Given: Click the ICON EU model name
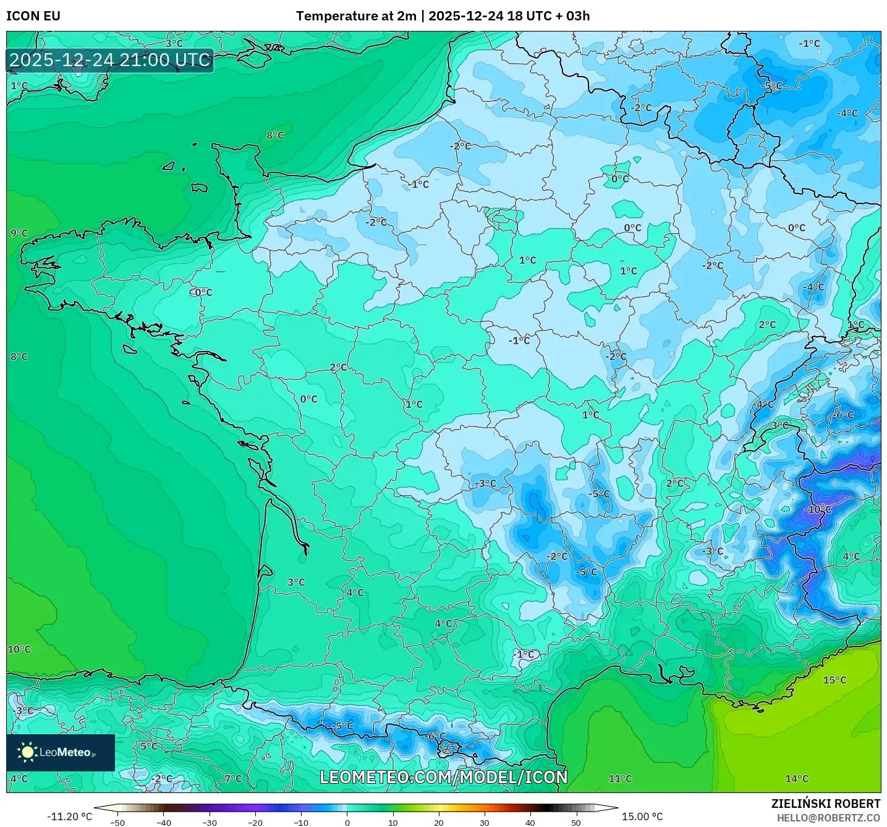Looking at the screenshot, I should coord(33,16).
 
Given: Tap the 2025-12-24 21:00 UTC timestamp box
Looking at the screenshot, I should coord(110,60).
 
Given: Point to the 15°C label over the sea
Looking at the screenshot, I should coord(834,680).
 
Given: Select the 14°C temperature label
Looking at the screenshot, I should coord(796,779).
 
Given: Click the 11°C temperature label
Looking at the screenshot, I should coord(620,779).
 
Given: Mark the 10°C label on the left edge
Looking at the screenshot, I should coord(19,649).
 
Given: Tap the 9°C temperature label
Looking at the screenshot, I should coord(19,233).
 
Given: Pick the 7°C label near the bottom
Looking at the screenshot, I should coord(233,779).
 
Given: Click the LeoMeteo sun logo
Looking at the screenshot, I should coord(27,752).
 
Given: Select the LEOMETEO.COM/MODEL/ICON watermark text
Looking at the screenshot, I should coord(443,777).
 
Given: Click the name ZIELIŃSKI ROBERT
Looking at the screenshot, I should coord(825,804).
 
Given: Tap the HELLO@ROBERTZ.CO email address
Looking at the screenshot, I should coord(828,818).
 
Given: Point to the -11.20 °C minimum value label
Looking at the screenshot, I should coord(69,816).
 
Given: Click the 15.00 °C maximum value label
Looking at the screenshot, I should coord(642,816).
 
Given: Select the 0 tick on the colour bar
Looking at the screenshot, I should coord(347,823).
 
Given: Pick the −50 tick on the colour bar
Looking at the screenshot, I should coord(117,823).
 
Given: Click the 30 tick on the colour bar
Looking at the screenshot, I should coord(484,823).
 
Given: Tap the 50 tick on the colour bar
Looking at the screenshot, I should coord(575,823).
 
